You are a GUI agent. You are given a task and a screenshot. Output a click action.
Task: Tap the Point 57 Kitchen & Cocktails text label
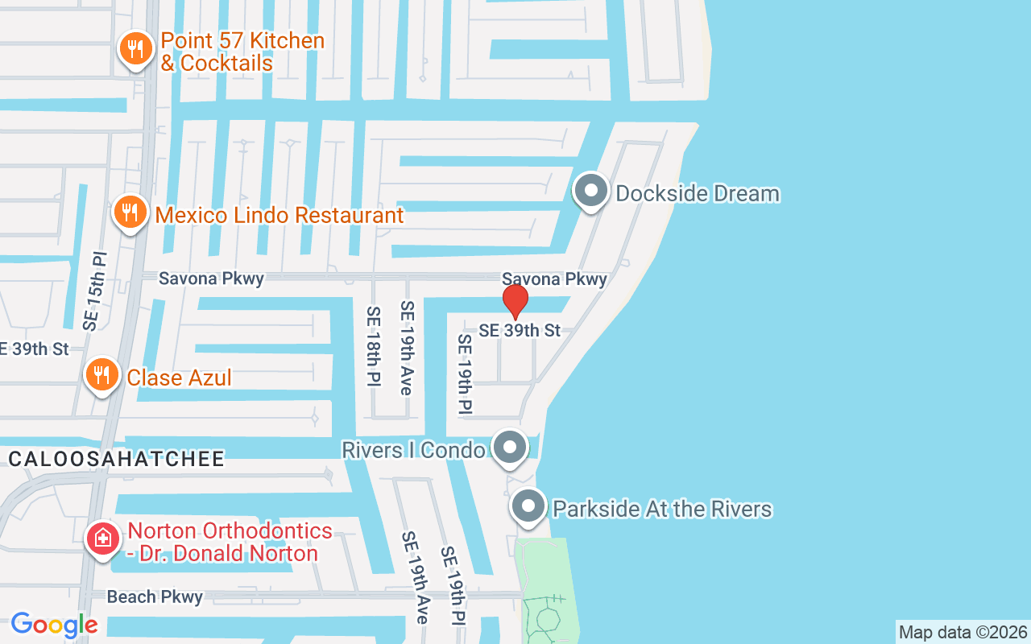(242, 52)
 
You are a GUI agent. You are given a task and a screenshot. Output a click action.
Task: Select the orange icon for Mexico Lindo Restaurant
(129, 213)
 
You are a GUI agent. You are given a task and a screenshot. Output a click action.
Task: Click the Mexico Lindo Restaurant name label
(279, 215)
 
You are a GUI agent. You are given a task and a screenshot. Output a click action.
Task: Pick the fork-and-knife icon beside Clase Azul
(102, 375)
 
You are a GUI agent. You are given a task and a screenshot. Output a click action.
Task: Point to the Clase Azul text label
(179, 377)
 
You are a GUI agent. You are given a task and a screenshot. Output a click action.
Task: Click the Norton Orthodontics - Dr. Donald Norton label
(230, 542)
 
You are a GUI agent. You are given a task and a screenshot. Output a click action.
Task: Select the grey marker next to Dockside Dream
(592, 192)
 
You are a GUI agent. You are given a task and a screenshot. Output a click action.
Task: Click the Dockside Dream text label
(698, 193)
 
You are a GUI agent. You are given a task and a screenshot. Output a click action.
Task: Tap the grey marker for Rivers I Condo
(509, 448)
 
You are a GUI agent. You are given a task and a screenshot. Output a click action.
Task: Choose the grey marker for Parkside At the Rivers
(528, 507)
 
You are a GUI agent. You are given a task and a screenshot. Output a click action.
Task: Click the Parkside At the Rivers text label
(662, 509)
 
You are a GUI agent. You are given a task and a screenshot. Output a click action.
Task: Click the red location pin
(515, 302)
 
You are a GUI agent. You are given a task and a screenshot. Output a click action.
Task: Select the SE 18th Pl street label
(373, 347)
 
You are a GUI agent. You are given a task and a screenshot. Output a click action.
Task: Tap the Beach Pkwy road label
(155, 597)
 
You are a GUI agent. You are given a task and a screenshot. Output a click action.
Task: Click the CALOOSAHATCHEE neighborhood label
(117, 459)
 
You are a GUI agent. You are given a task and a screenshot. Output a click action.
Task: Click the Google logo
(55, 625)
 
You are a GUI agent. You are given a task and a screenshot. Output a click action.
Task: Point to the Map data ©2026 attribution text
(963, 632)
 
